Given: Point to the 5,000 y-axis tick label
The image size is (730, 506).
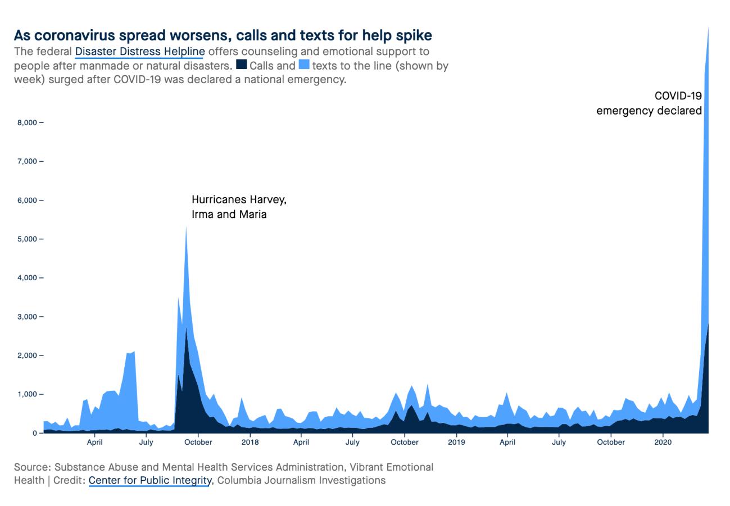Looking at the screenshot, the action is (x=28, y=239).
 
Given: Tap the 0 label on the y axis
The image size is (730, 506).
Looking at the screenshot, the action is (x=34, y=433).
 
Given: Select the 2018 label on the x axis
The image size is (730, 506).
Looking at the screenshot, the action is (x=250, y=442).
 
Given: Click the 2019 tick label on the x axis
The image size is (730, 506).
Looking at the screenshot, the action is (x=456, y=442).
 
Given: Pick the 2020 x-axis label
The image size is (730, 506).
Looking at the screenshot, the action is (x=663, y=442).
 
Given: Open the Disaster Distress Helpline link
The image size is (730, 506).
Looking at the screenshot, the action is (x=140, y=52).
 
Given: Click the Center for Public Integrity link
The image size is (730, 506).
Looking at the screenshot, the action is (x=150, y=480).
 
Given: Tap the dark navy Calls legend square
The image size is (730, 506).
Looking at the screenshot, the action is (x=242, y=64).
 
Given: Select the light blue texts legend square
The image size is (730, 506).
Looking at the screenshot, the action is (x=304, y=64).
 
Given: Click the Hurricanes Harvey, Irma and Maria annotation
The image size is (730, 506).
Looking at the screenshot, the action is (x=239, y=207).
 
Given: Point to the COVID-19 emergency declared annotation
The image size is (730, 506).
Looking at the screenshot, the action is (x=649, y=103).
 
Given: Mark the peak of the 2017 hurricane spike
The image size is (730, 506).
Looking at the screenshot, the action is (x=186, y=226).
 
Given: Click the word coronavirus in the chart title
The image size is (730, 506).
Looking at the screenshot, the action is (x=74, y=35).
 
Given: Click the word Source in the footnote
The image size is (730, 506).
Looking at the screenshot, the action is (x=32, y=467).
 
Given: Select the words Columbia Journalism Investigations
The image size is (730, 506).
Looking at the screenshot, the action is (x=301, y=480).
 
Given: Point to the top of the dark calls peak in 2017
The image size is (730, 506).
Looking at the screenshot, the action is (x=186, y=327).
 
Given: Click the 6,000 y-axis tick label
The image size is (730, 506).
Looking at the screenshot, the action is (x=28, y=200).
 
